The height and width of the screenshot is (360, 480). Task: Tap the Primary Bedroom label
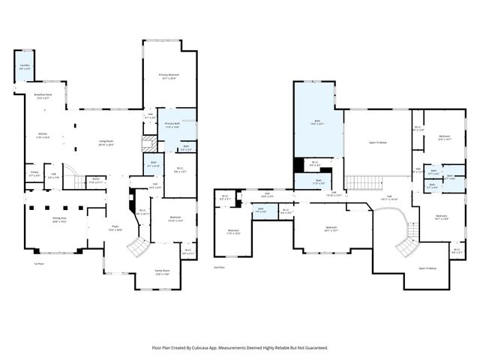point(169,76)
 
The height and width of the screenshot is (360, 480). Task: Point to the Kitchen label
point(43,136)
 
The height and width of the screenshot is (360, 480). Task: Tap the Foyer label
point(115,228)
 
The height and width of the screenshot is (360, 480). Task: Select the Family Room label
point(161,273)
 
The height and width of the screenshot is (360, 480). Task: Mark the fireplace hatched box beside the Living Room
point(147,145)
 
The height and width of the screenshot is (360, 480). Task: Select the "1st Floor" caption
point(39,264)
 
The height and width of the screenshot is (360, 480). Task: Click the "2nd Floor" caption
point(219,266)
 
